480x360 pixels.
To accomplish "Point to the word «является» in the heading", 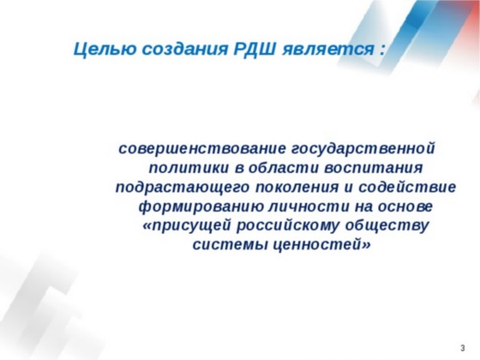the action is [x=327, y=50].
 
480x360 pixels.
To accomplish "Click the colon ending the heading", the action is [x=381, y=50].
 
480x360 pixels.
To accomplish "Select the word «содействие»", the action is [x=407, y=186].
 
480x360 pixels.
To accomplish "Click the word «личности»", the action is [x=309, y=206].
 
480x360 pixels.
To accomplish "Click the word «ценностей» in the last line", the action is [x=321, y=245].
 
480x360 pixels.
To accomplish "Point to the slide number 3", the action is [x=462, y=348].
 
